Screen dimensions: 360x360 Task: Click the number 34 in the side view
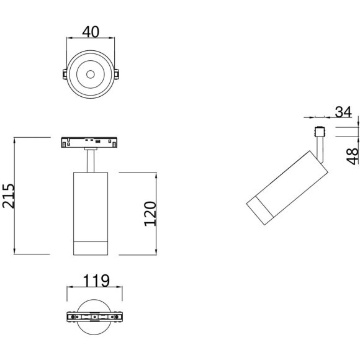(x=343, y=112)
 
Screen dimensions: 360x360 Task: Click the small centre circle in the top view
(x=91, y=74)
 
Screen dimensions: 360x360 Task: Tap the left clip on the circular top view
(x=65, y=74)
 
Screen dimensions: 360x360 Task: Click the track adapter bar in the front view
(x=91, y=143)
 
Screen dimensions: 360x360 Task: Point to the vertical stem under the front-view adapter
(x=91, y=160)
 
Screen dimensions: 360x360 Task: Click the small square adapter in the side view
(x=320, y=132)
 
